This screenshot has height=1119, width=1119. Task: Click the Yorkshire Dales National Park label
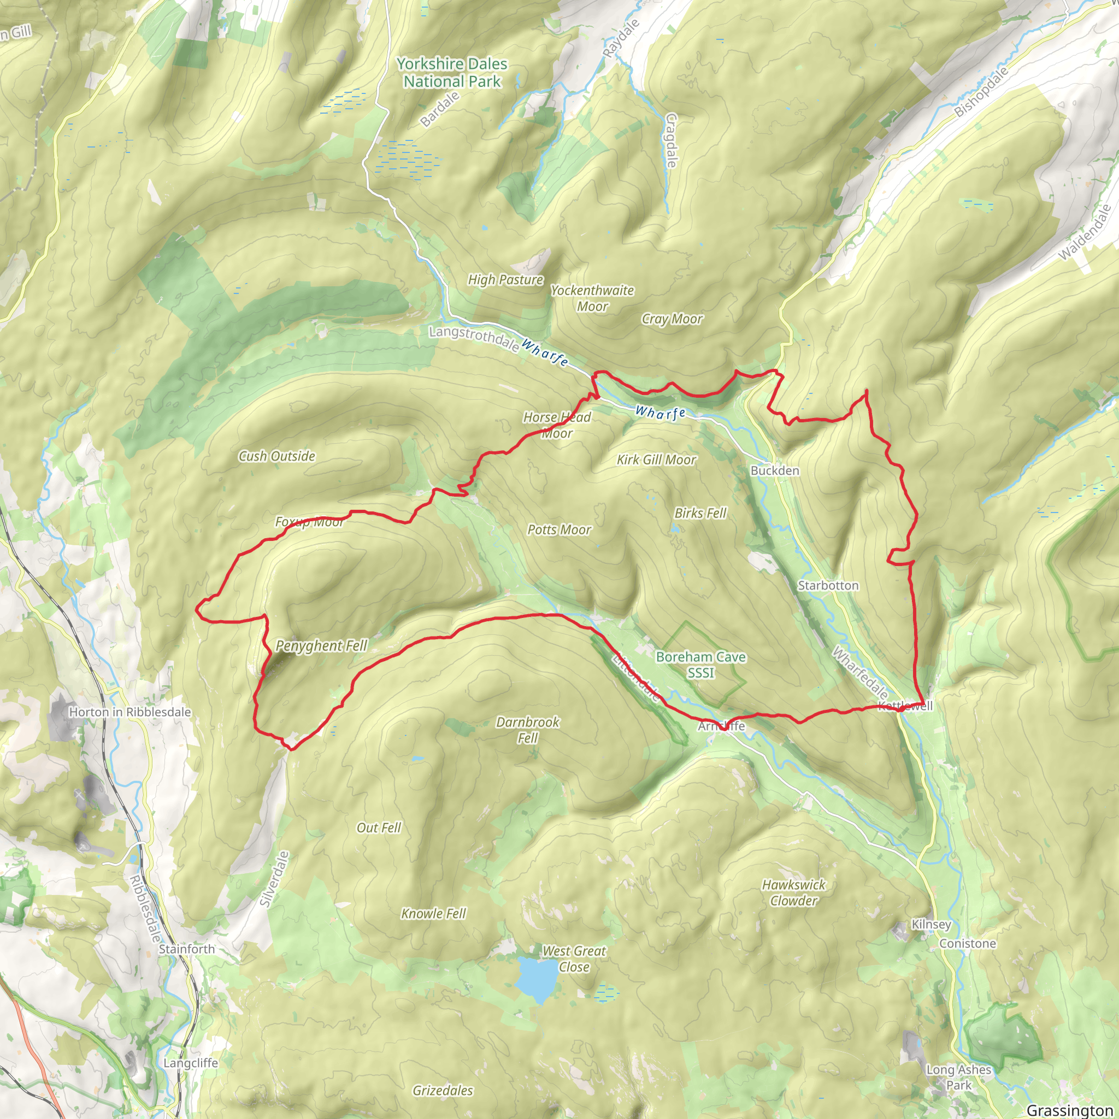pyautogui.click(x=452, y=73)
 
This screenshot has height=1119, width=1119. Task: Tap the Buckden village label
pyautogui.click(x=774, y=470)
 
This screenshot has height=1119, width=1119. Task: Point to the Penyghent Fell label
pyautogui.click(x=321, y=645)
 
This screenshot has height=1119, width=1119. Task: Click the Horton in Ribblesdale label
pyautogui.click(x=129, y=712)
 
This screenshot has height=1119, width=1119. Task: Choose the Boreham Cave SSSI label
pyautogui.click(x=700, y=664)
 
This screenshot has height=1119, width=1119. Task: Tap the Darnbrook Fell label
pyautogui.click(x=528, y=730)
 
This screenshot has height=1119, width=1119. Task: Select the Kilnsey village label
pyautogui.click(x=930, y=924)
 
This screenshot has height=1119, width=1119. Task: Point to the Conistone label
pyautogui.click(x=967, y=943)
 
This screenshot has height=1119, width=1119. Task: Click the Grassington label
pyautogui.click(x=1069, y=1110)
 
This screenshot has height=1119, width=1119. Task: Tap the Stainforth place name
pyautogui.click(x=186, y=949)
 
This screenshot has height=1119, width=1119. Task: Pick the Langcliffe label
pyautogui.click(x=191, y=1063)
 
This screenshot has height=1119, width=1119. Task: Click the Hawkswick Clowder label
pyautogui.click(x=793, y=893)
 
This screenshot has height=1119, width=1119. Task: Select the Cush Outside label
pyautogui.click(x=277, y=456)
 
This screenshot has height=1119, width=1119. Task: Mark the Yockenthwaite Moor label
pyautogui.click(x=592, y=298)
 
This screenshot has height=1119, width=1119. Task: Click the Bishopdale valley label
pyautogui.click(x=981, y=91)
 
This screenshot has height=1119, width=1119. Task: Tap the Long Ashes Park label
pyautogui.click(x=958, y=1077)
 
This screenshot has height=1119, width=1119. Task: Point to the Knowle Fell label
pyautogui.click(x=433, y=914)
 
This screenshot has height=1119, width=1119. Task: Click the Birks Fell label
pyautogui.click(x=700, y=513)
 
